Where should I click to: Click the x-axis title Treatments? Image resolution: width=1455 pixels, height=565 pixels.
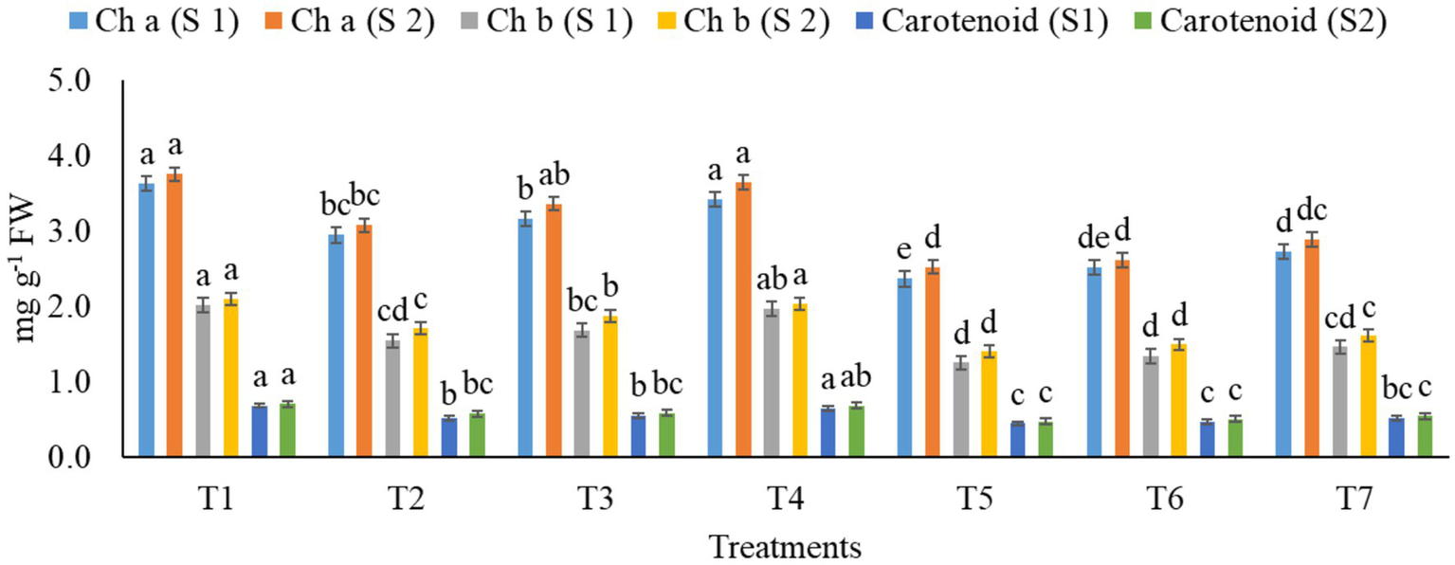(x=786, y=547)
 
